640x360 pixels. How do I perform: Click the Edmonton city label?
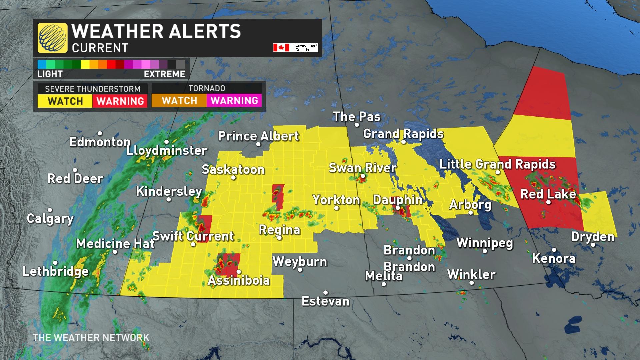point(100,142)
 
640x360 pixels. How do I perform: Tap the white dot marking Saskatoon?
point(233,178)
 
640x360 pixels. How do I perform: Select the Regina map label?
point(279,230)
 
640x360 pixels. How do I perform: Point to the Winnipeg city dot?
point(485,251)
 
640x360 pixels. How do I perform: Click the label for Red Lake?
point(548,194)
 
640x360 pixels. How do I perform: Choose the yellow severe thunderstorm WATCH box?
point(65,101)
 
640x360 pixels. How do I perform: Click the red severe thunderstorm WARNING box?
point(120,101)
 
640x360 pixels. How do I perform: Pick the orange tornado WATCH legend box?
point(179,101)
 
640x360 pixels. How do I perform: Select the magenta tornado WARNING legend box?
point(234,101)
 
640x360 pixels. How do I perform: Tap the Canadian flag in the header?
point(281,48)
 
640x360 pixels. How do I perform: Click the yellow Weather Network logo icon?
point(52,38)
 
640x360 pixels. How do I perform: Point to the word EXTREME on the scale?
point(164,74)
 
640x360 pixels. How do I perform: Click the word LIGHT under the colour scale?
point(50,74)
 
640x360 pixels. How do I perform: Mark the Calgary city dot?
point(50,210)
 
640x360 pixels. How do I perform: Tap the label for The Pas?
point(357,117)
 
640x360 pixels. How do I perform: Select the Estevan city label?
point(325,301)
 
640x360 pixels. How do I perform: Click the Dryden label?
point(593,237)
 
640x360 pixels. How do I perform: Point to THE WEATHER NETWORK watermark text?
point(91,338)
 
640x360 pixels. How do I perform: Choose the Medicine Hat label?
point(115,244)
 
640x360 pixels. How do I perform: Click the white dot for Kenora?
point(554,250)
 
